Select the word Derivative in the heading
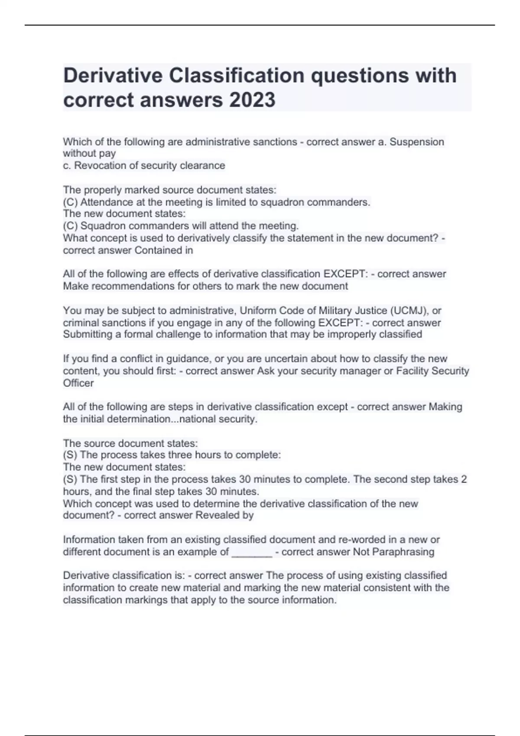tap(113, 76)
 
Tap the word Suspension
tap(417, 142)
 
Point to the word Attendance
tap(101, 202)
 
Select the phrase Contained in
tap(164, 250)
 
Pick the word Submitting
tap(88, 334)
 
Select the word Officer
tap(78, 383)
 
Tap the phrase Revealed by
tap(224, 515)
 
